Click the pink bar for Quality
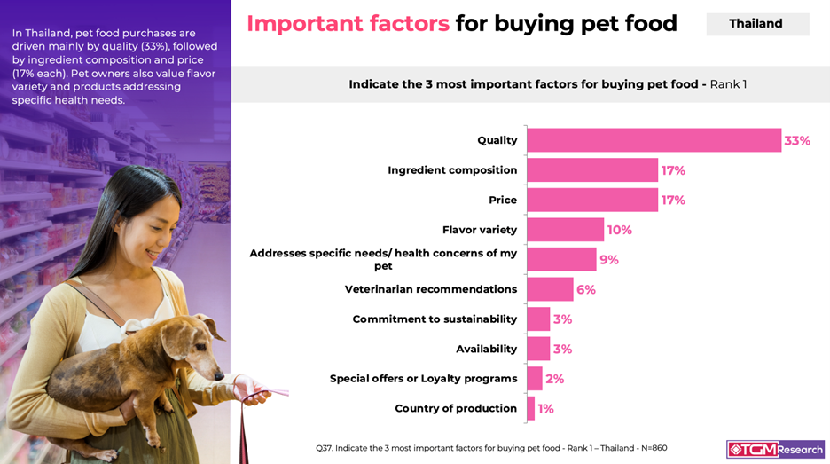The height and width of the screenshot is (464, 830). (654, 140)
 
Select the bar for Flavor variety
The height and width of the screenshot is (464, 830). (565, 230)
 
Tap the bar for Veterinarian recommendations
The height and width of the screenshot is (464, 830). (550, 289)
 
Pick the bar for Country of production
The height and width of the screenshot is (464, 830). (530, 408)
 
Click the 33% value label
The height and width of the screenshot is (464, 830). (796, 140)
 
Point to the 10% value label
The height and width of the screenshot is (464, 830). (619, 230)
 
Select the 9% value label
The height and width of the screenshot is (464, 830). (608, 260)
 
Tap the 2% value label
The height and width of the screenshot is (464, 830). (554, 379)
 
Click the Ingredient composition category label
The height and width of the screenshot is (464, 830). (452, 170)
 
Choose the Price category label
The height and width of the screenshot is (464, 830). (503, 200)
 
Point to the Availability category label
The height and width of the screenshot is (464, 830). (486, 349)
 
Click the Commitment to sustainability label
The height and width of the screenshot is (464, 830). (435, 319)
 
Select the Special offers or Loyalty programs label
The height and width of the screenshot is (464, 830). (423, 379)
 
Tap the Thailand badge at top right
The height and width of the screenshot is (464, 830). (756, 24)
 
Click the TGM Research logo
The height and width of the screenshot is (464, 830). (775, 449)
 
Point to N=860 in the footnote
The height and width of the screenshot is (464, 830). (652, 448)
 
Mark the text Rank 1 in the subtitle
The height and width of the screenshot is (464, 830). (728, 84)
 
